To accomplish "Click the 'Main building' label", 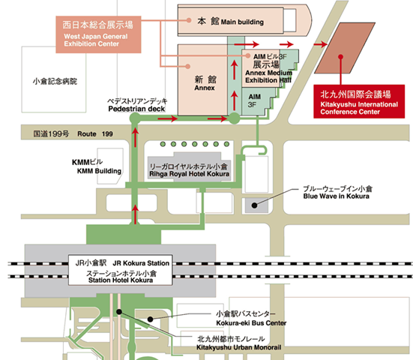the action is [242, 22].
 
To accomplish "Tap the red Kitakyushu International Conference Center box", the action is [359, 101].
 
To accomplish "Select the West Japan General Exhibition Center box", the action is [98, 34].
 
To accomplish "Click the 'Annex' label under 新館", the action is [205, 88].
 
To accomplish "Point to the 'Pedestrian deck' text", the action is [136, 109].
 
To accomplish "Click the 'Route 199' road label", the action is [95, 134].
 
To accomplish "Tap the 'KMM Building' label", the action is [99, 171].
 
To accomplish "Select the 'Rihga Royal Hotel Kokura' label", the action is [189, 174].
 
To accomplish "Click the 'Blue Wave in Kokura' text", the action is [336, 196].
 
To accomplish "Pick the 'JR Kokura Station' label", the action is [141, 263].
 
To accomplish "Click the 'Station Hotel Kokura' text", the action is [121, 280].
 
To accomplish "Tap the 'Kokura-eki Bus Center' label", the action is [251, 322].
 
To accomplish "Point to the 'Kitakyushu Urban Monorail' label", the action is [239, 347].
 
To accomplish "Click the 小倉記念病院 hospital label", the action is [55, 81].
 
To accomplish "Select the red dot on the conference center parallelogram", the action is [340, 57].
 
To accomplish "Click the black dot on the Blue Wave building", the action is [254, 205].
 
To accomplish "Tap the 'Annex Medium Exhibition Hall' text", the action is [268, 76].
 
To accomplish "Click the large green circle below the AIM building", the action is [234, 118].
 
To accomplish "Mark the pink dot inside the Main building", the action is [189, 20].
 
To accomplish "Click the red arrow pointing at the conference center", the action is [320, 44].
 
